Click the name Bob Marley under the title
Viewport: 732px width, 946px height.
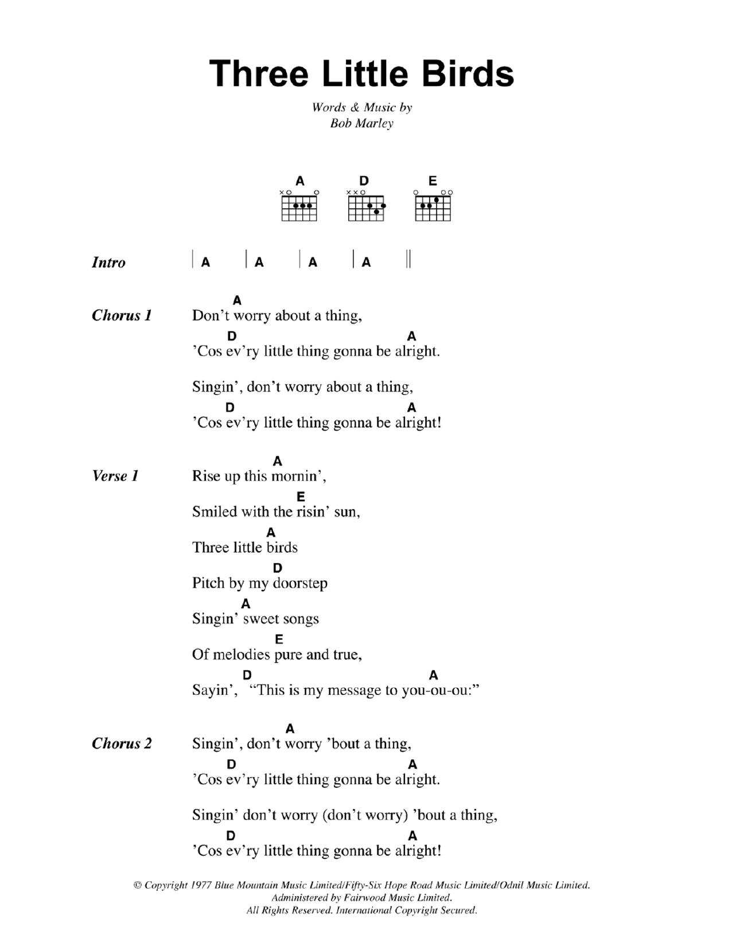[x=361, y=123]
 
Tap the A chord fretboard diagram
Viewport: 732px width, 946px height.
[x=299, y=206]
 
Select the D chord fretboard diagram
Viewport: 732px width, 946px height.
[x=365, y=206]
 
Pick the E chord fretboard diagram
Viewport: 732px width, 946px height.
[x=433, y=206]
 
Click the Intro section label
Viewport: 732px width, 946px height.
[x=108, y=263]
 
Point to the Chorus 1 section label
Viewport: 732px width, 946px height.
[x=122, y=315]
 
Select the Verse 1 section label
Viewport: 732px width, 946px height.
[x=115, y=476]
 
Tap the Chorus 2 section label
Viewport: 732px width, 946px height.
[x=122, y=744]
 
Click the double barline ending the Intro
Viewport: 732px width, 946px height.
[x=408, y=259]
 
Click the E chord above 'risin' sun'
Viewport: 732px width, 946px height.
[x=301, y=497]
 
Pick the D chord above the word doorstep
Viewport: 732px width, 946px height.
[x=278, y=568]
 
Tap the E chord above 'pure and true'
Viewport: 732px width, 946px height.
[x=279, y=639]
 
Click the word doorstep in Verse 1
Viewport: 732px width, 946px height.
[x=300, y=584]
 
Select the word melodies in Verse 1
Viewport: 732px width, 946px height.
[x=241, y=655]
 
